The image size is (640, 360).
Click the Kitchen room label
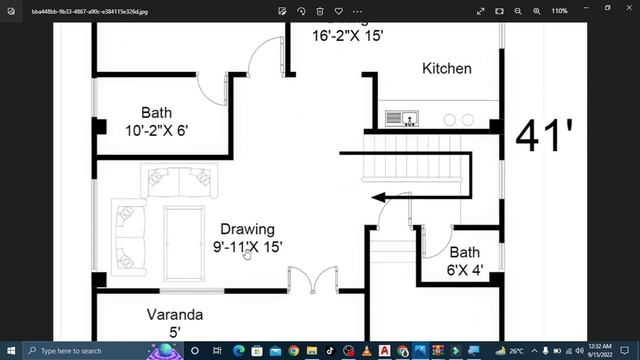(446, 69)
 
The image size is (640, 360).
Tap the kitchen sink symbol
(400, 119)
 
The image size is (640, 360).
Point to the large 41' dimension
(544, 135)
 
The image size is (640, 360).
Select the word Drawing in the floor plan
(247, 229)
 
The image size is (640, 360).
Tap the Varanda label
(174, 314)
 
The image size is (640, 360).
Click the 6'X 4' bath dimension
(465, 270)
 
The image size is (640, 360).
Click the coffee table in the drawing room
(181, 235)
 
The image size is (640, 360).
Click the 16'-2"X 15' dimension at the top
(347, 35)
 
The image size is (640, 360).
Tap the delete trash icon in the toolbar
(320, 11)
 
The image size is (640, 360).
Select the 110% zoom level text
(559, 11)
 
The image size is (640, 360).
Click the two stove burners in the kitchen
(457, 120)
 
